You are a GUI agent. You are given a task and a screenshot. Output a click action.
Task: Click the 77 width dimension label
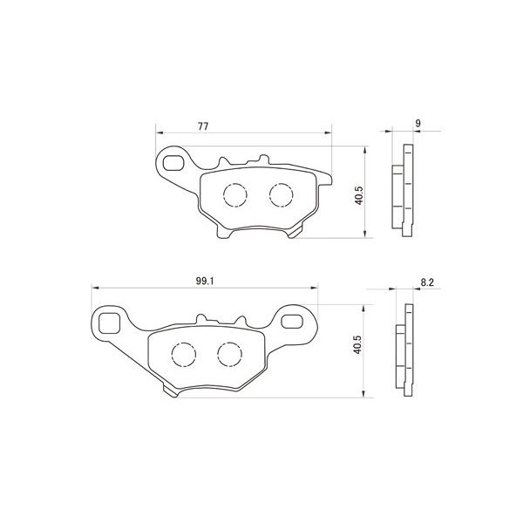click(x=203, y=126)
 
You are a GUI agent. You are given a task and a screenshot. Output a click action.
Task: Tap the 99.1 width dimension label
click(x=205, y=282)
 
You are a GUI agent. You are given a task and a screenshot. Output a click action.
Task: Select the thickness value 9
click(x=418, y=124)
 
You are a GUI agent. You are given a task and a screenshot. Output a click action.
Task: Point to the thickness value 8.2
click(x=427, y=282)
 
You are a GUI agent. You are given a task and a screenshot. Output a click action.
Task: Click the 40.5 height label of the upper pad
click(x=358, y=195)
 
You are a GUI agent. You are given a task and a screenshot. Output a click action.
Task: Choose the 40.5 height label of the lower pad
click(x=357, y=344)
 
